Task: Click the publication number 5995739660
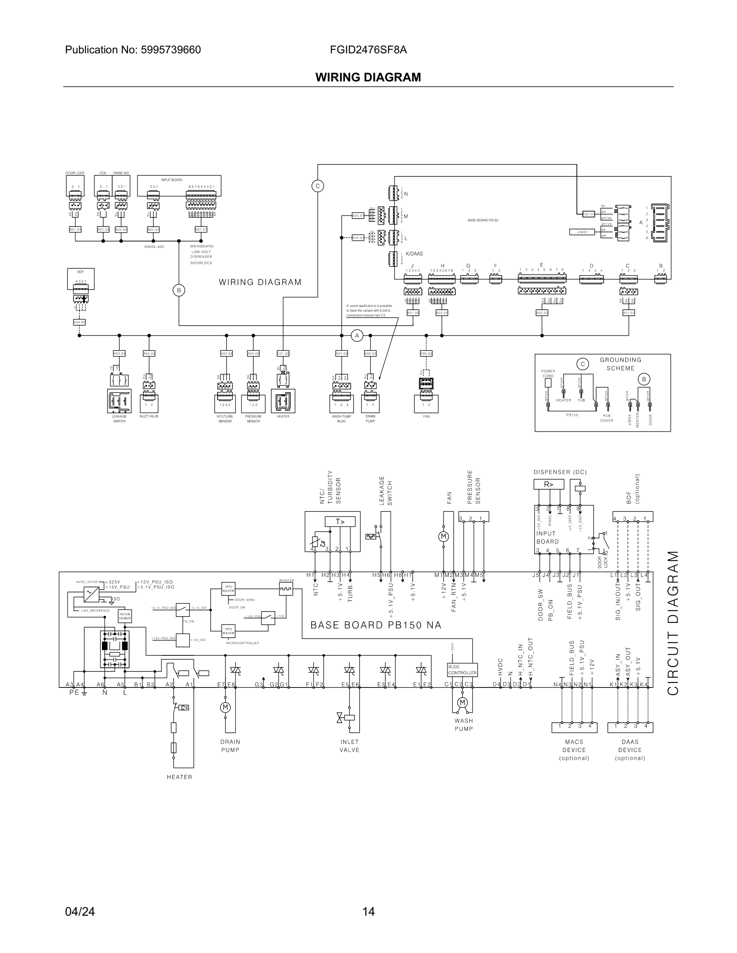171,50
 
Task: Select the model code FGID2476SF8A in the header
368,50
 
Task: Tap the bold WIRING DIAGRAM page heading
368,77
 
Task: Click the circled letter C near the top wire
318,186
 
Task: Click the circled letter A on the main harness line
357,336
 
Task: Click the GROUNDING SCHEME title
620,364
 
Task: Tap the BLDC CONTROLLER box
462,670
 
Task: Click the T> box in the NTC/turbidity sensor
340,521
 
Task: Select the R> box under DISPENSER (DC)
548,485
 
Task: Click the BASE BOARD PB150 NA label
375,625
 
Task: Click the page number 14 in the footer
368,912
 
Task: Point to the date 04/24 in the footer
80,912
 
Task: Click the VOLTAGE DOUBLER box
125,616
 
